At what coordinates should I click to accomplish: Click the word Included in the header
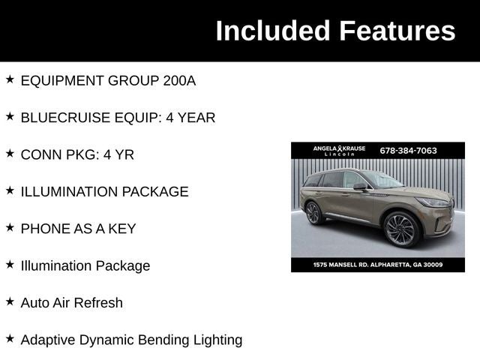click(273, 31)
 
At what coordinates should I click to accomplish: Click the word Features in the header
click(397, 31)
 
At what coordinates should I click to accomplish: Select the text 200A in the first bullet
click(179, 80)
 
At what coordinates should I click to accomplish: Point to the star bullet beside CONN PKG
click(10, 153)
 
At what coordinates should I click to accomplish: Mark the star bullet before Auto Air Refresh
click(10, 301)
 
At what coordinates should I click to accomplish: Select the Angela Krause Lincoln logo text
click(339, 151)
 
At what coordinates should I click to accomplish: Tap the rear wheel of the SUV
click(313, 213)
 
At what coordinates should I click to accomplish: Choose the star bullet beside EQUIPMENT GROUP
click(10, 79)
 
